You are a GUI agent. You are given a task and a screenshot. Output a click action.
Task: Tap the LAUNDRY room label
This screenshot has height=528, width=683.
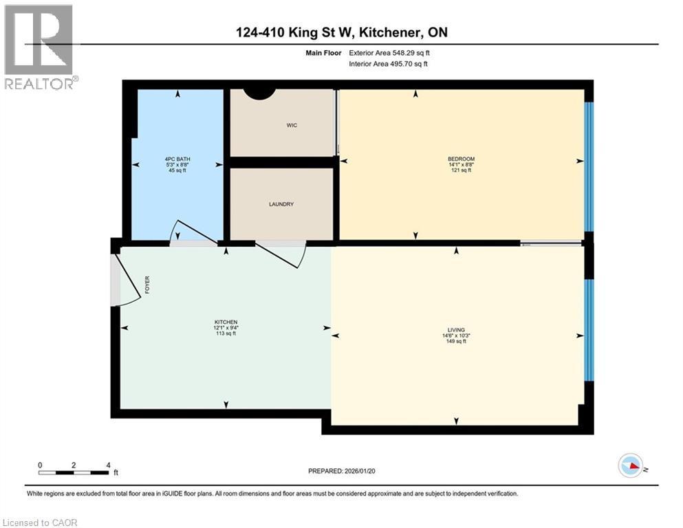tap(281, 204)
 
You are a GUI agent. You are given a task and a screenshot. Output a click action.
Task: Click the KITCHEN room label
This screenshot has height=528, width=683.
tap(226, 322)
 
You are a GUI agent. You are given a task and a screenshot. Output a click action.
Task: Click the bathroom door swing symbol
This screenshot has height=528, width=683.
tap(193, 234)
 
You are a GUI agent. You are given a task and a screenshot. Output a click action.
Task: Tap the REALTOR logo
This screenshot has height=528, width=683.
tap(39, 47)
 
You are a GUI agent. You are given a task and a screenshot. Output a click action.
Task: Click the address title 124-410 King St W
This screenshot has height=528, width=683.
tap(340, 32)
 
